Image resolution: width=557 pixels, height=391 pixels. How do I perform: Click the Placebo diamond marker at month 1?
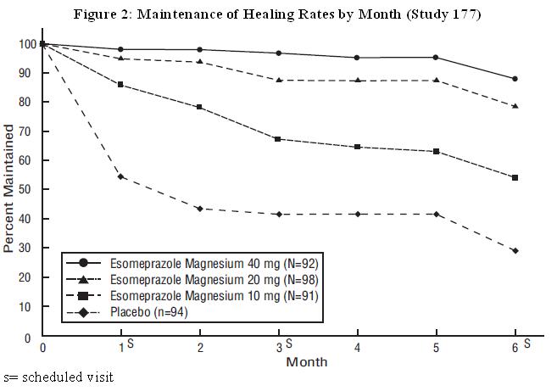pos(121,176)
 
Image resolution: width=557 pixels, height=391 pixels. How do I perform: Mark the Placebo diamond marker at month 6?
pos(515,250)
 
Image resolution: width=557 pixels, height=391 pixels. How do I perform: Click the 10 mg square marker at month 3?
pos(278,139)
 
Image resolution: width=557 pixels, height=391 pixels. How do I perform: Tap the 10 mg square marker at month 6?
pos(515,177)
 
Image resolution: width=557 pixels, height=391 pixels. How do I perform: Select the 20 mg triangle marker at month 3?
pos(278,81)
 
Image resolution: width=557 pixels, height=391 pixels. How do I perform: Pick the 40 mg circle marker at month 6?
pos(515,79)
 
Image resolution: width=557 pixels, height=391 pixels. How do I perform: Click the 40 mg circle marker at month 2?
pos(199,50)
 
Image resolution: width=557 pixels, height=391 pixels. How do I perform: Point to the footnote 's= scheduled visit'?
pos(58,377)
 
